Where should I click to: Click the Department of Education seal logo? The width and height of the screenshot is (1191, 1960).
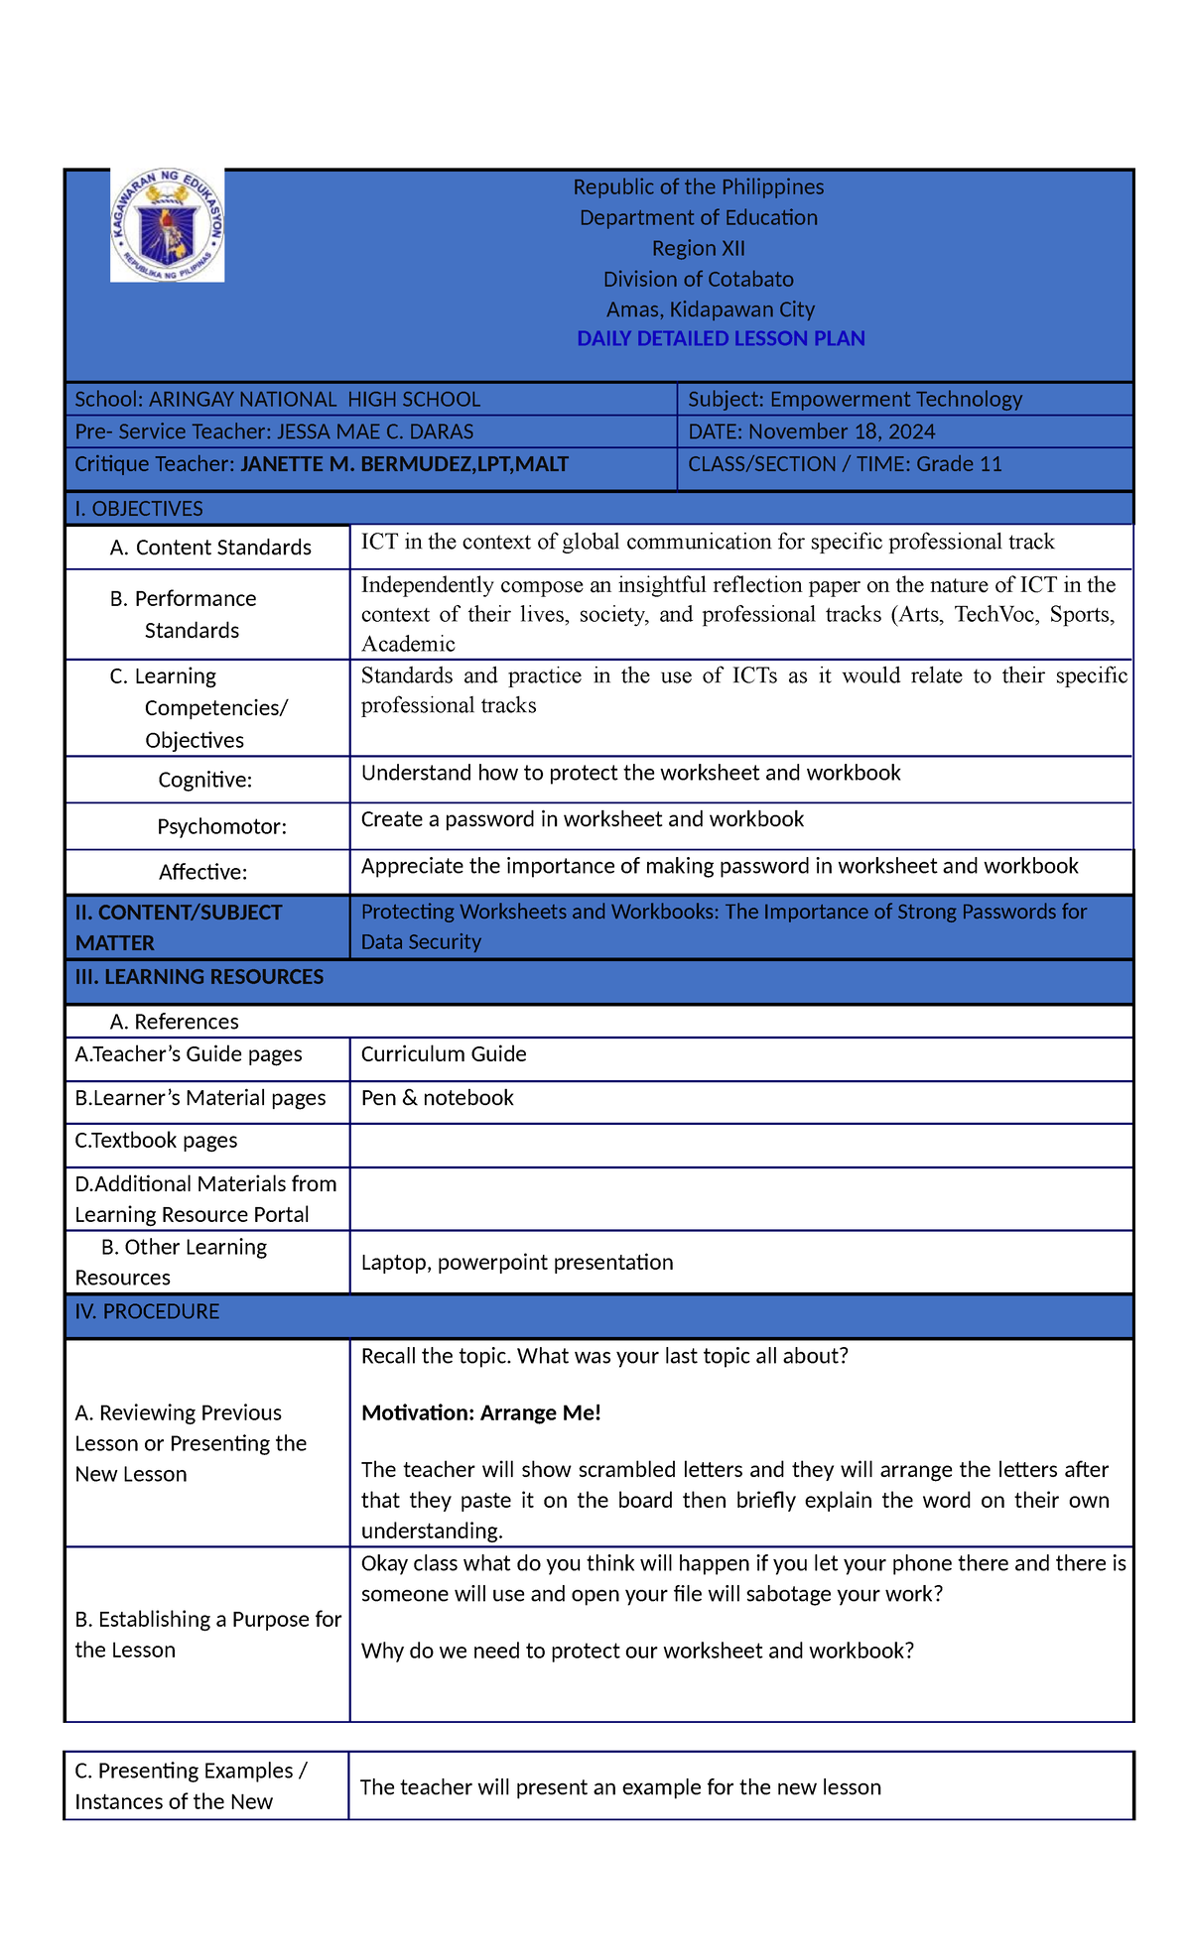coord(167,225)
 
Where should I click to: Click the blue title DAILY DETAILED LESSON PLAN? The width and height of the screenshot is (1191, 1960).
coord(721,338)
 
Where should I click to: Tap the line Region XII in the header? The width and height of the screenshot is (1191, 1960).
coord(698,248)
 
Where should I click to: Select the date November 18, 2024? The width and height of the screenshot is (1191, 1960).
coord(842,431)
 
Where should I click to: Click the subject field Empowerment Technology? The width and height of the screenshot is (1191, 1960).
coord(895,399)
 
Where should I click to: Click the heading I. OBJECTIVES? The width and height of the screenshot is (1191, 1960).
coord(139,508)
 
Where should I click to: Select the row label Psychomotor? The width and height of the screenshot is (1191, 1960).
coord(221,826)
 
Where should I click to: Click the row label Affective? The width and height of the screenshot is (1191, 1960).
coord(202,872)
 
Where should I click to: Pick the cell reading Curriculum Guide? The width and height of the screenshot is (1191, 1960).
coord(444,1053)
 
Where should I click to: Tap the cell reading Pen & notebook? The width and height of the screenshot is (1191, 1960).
coord(437,1097)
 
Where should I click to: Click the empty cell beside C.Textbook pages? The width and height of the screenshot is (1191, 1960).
coord(740,1145)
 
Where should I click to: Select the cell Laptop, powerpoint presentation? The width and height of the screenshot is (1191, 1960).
coord(516,1262)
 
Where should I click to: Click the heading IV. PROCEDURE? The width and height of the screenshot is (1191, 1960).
coord(147,1311)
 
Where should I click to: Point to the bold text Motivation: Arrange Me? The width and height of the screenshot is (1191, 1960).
coord(480,1412)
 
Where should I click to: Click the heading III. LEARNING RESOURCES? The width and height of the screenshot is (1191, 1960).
coord(198,977)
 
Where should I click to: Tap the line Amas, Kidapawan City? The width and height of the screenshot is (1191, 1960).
coord(710,309)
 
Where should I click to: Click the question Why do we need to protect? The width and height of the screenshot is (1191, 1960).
coord(636,1651)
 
